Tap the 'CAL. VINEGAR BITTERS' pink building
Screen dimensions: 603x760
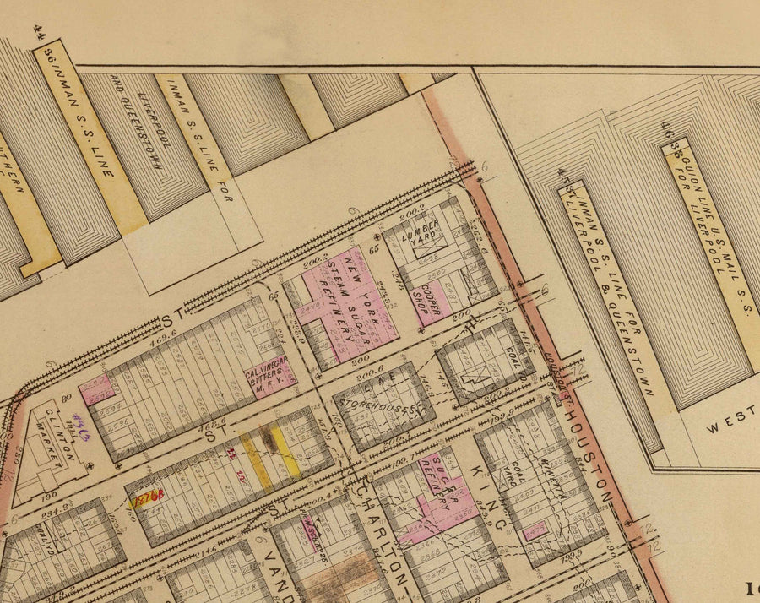267,374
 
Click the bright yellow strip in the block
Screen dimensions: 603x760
290,452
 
